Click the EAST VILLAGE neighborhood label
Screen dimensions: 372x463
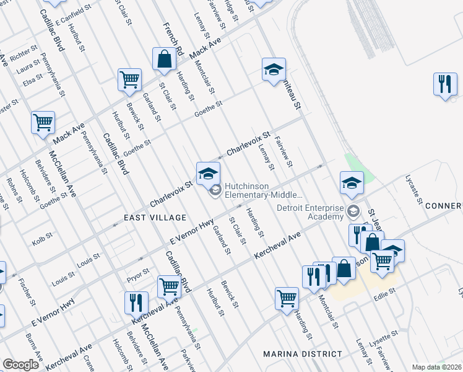pyautogui.click(x=155, y=218)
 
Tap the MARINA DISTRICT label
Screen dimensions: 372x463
pyautogui.click(x=302, y=354)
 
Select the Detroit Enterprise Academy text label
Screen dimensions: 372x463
pyautogui.click(x=309, y=213)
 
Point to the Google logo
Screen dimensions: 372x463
pyautogui.click(x=20, y=365)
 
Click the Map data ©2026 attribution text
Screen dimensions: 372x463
pyautogui.click(x=436, y=367)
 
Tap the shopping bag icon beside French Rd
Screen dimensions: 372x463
pyautogui.click(x=165, y=60)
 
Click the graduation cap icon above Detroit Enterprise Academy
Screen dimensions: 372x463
pyautogui.click(x=352, y=182)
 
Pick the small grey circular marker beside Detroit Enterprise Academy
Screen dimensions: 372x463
pyautogui.click(x=353, y=210)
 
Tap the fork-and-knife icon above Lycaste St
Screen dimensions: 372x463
pyautogui.click(x=444, y=84)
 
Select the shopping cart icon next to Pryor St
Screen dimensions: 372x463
pyautogui.click(x=168, y=286)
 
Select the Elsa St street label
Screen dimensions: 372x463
pyautogui.click(x=32, y=81)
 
